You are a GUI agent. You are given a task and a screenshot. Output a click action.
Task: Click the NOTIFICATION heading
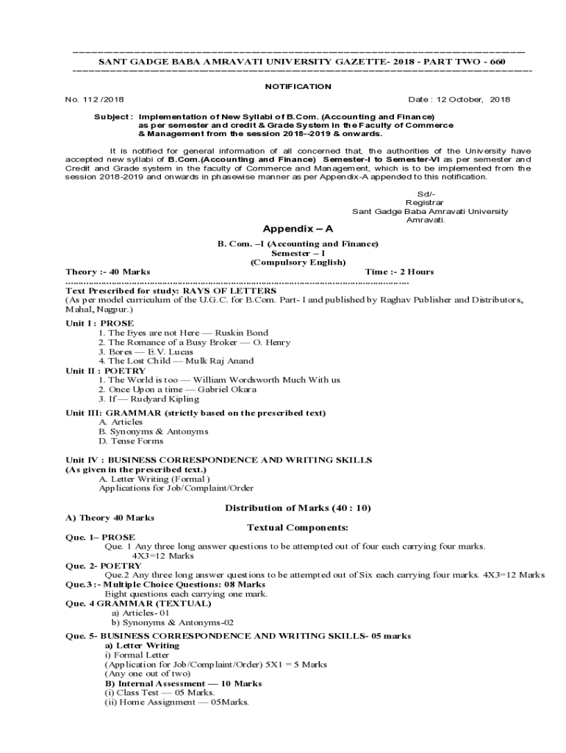pos(298,86)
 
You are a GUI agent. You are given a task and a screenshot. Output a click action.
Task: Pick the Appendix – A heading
pos(293,229)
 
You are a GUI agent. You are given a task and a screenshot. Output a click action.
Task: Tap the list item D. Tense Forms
pos(131,441)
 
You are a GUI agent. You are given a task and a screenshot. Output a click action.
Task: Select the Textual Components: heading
pos(297,528)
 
